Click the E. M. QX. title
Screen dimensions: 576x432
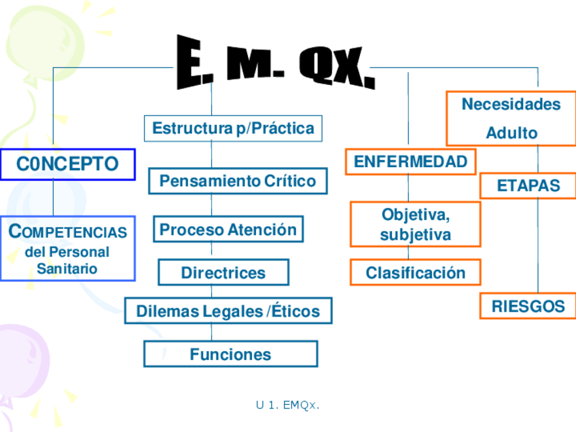(x=275, y=63)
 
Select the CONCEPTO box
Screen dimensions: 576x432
(x=67, y=164)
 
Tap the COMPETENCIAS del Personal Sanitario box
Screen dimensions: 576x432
(x=67, y=249)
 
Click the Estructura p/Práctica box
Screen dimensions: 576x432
(x=233, y=128)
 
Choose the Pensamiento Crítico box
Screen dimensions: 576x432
(x=238, y=181)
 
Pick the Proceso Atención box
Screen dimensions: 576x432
(x=228, y=230)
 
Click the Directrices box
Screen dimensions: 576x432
(x=223, y=272)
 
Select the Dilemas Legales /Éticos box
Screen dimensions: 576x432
(x=228, y=311)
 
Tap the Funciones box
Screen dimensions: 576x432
(x=230, y=354)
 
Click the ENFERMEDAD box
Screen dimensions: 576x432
(x=410, y=162)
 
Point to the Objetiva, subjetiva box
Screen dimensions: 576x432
(x=416, y=225)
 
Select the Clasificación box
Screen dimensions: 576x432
(x=416, y=272)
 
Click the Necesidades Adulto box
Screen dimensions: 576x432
(x=511, y=118)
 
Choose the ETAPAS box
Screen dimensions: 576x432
(x=528, y=185)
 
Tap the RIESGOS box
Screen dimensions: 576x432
(x=528, y=306)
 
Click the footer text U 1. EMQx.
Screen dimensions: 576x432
(x=287, y=406)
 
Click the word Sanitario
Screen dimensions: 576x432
(x=67, y=268)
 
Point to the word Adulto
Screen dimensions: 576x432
(x=511, y=133)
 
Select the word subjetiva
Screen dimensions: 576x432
(x=416, y=235)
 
